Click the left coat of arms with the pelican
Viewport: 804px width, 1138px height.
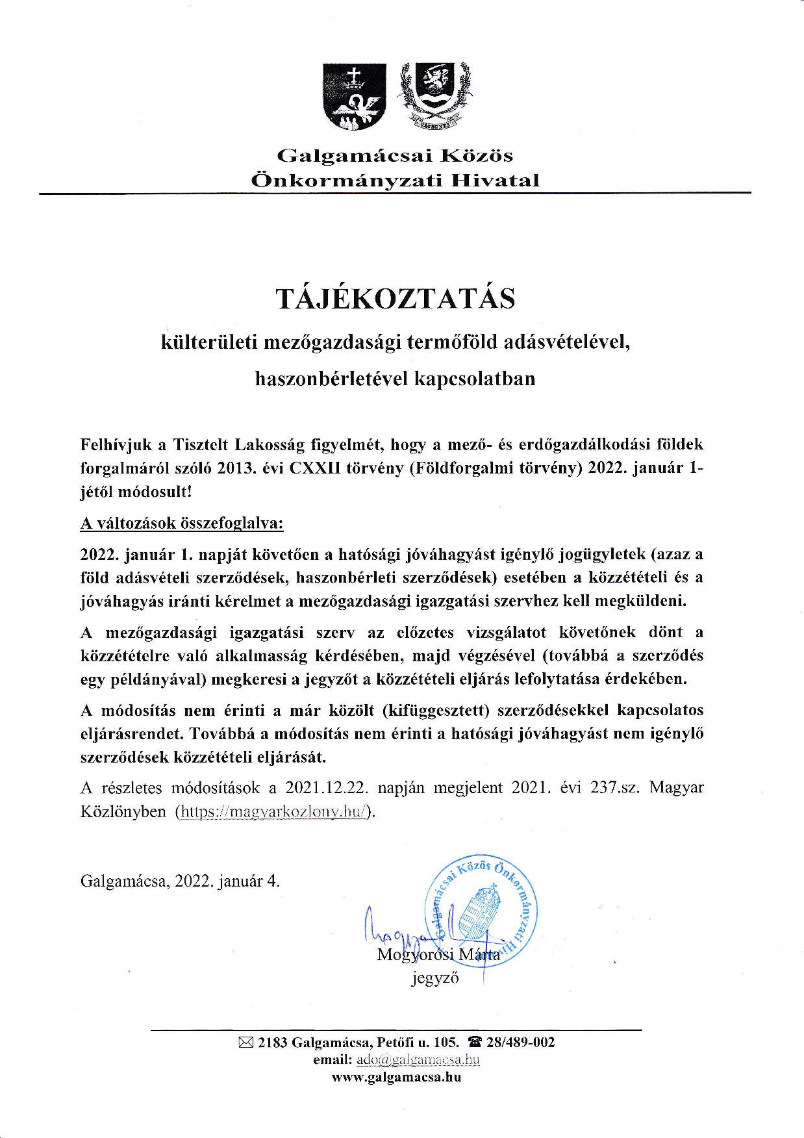pyautogui.click(x=354, y=95)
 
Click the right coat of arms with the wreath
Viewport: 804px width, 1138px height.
pyautogui.click(x=434, y=94)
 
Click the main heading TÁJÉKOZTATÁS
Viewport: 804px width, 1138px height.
pyautogui.click(x=396, y=298)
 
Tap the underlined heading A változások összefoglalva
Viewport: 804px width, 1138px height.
pyautogui.click(x=182, y=524)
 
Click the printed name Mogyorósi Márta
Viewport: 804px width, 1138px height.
pyautogui.click(x=438, y=954)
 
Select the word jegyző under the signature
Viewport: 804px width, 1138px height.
pyautogui.click(x=435, y=978)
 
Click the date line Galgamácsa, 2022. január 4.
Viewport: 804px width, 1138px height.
pyautogui.click(x=180, y=881)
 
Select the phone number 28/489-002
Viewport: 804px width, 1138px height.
pyautogui.click(x=521, y=1043)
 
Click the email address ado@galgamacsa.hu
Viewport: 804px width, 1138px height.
pyautogui.click(x=418, y=1060)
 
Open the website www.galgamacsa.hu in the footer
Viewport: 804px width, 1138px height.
pyautogui.click(x=396, y=1077)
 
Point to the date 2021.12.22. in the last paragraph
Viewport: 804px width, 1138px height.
pyautogui.click(x=327, y=788)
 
